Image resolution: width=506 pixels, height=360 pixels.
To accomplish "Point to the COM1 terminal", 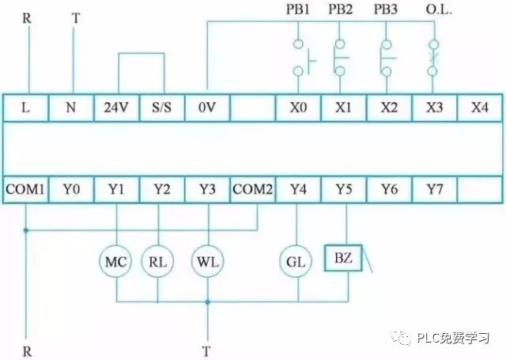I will click(26, 189).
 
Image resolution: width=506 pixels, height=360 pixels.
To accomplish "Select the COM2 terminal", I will click(252, 189).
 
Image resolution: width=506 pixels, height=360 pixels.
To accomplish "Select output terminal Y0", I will click(72, 189).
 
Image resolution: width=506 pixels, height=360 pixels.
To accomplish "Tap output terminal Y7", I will click(434, 189).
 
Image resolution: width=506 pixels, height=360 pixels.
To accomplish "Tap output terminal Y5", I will click(343, 189).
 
